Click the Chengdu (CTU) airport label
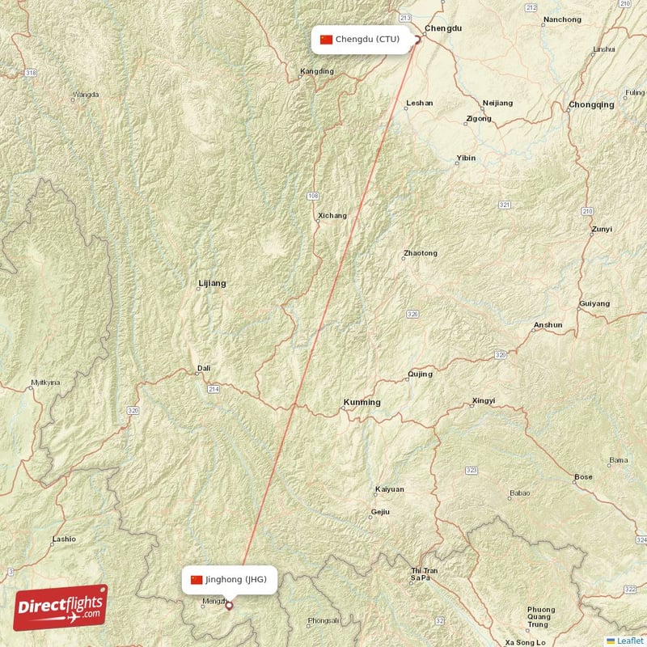(361, 39)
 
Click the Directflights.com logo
(61, 607)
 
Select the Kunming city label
(362, 403)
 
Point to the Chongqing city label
(591, 105)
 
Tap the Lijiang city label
(212, 284)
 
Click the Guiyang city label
(594, 304)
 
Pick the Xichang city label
(332, 216)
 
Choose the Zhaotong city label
(420, 254)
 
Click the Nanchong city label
(562, 19)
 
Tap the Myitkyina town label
(45, 383)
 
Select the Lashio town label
(63, 539)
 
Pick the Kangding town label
(316, 71)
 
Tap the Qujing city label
(420, 374)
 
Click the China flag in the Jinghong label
(197, 579)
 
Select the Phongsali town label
(323, 621)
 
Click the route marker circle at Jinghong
(229, 604)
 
